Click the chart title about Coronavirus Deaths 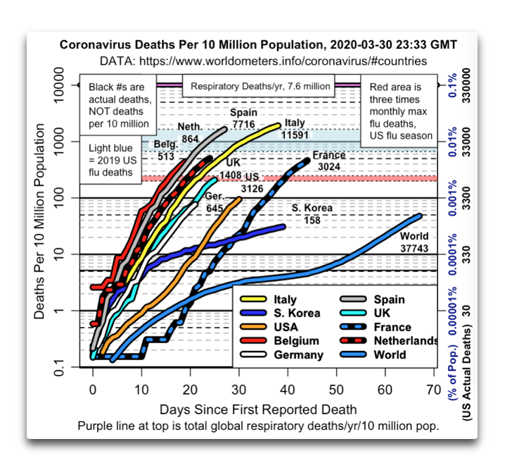pyautogui.click(x=258, y=44)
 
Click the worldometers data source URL pyautogui.click(x=283, y=61)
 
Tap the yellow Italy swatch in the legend pyautogui.click(x=253, y=299)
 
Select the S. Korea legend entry pyautogui.click(x=280, y=313)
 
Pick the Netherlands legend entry pyautogui.click(x=389, y=340)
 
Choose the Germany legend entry pyautogui.click(x=282, y=354)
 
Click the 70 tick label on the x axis pyautogui.click(x=433, y=390)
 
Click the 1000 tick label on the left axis pyautogui.click(x=59, y=142)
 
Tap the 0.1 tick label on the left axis pyautogui.click(x=59, y=368)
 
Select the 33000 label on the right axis pyautogui.click(x=466, y=142)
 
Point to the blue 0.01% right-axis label pyautogui.click(x=452, y=142)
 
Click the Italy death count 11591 pyautogui.click(x=295, y=135)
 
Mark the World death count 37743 pyautogui.click(x=414, y=248)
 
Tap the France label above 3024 pyautogui.click(x=329, y=155)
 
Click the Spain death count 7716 pyautogui.click(x=243, y=124)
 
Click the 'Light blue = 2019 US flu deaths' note pyautogui.click(x=110, y=160)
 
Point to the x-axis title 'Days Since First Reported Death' pyautogui.click(x=258, y=409)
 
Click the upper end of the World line pyautogui.click(x=419, y=216)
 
